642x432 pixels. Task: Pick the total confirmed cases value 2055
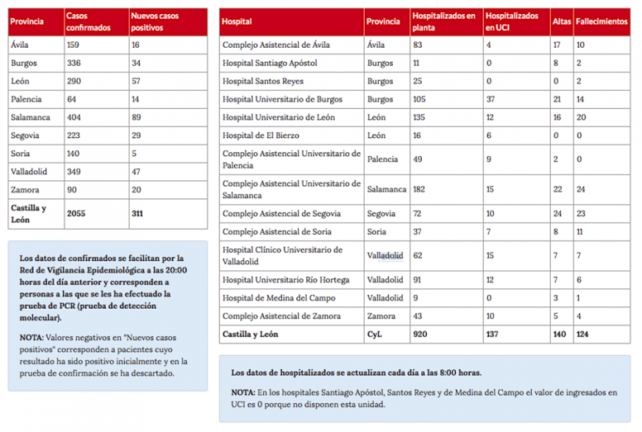75,213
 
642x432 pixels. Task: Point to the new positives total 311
137,213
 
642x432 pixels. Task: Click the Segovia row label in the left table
25,135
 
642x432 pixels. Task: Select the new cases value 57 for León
136,81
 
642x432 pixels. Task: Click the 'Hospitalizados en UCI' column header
512,21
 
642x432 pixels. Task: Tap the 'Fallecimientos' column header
601,21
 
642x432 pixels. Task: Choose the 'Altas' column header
561,21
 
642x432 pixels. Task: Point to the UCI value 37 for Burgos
491,99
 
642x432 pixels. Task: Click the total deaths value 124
584,335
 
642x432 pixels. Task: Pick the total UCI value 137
493,335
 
